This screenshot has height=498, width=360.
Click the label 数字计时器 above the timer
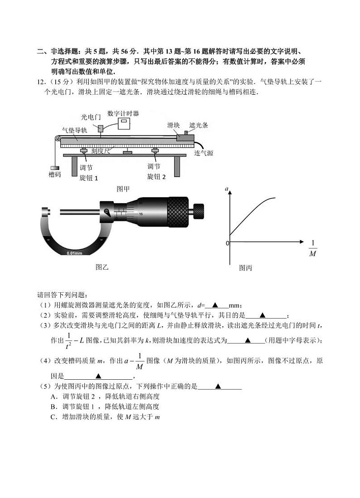(123, 113)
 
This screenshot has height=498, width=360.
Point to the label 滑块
(172, 125)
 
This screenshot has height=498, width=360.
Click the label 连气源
(204, 154)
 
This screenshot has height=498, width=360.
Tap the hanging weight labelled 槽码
(55, 168)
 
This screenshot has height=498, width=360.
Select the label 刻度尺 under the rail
(100, 150)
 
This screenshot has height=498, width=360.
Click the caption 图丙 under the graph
(245, 268)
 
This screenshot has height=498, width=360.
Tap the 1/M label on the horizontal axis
(312, 248)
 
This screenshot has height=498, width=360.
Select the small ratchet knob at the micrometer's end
(198, 210)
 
